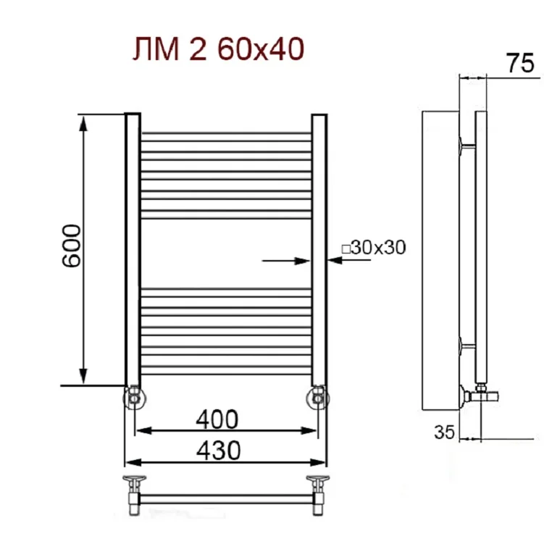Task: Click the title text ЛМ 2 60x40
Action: point(219,49)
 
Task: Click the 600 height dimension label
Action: point(71,246)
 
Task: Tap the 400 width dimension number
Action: point(217,419)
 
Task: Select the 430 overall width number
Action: point(218,451)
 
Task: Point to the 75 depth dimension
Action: point(520,63)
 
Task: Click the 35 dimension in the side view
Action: point(444,432)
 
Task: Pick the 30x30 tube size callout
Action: point(374,248)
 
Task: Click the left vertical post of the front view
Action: point(133,250)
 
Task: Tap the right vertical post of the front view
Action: point(319,250)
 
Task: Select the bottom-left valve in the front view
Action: point(134,398)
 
